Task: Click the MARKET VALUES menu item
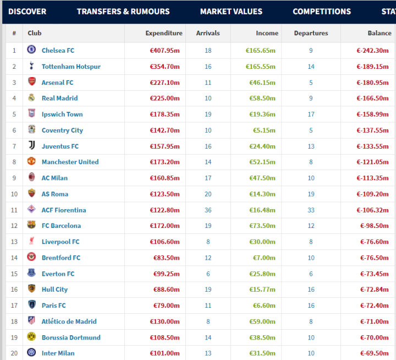(231, 12)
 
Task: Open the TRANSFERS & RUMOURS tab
(123, 12)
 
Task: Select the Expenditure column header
(164, 33)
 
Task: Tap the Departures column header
(311, 33)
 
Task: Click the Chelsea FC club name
(58, 51)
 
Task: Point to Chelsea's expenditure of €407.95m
(164, 51)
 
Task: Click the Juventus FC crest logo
(31, 145)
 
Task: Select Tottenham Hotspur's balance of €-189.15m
(372, 67)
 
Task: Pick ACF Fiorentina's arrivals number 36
(208, 210)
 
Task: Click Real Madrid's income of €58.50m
(262, 98)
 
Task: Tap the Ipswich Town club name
(62, 114)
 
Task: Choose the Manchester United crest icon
(31, 161)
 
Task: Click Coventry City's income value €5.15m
(264, 130)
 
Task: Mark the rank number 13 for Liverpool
(14, 242)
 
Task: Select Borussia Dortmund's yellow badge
(31, 337)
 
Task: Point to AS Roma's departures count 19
(311, 194)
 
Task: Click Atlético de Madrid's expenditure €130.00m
(164, 321)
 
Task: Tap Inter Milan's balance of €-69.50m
(375, 353)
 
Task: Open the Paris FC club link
(54, 306)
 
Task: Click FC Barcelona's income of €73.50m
(262, 226)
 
